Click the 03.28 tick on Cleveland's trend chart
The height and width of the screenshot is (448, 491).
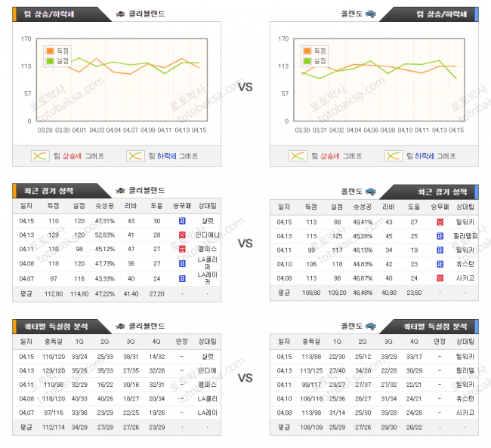tap(45, 130)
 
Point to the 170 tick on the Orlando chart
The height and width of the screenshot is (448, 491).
tap(284, 39)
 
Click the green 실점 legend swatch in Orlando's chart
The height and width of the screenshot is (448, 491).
tap(309, 60)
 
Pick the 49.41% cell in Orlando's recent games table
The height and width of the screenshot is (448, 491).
tap(362, 222)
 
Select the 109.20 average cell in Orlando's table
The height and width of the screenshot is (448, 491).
tap(336, 293)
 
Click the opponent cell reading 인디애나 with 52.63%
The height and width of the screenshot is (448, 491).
tap(206, 235)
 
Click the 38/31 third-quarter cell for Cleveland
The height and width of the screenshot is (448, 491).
tap(131, 356)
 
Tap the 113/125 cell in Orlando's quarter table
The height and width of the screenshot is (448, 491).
tap(312, 370)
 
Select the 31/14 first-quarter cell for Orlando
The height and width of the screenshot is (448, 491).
tap(338, 412)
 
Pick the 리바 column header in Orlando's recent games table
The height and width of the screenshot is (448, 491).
tap(388, 206)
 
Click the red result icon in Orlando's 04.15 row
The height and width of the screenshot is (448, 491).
tap(440, 222)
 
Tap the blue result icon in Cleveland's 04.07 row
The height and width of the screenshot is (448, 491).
tap(181, 278)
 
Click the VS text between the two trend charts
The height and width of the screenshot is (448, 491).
tap(245, 87)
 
